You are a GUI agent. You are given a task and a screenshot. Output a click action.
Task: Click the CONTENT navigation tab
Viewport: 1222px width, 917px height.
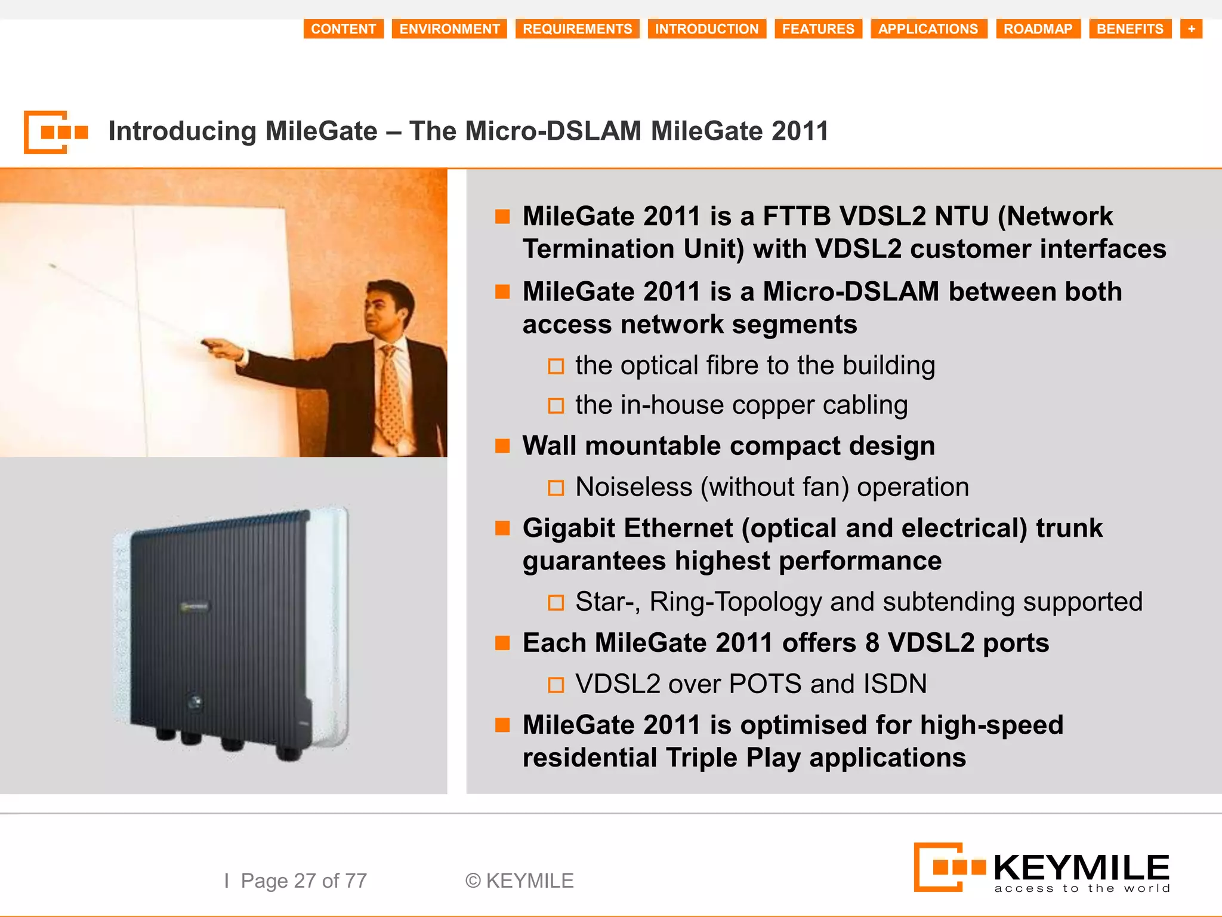point(343,29)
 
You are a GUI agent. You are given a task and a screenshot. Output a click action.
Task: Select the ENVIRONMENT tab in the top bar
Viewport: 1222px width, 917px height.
point(449,29)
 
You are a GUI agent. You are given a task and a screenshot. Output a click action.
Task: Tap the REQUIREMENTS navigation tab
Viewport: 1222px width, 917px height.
point(577,29)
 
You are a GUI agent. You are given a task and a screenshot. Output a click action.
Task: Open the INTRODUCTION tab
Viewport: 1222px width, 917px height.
point(706,29)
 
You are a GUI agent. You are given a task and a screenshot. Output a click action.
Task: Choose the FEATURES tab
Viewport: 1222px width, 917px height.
point(818,29)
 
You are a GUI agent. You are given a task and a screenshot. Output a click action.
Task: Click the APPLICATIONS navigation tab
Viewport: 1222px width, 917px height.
point(928,29)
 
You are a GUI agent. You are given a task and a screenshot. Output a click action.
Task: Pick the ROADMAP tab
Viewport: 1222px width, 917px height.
point(1038,29)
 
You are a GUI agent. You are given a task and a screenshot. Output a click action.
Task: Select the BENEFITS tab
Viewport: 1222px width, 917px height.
point(1130,29)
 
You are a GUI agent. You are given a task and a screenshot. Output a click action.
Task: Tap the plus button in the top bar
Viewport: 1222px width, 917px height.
point(1191,29)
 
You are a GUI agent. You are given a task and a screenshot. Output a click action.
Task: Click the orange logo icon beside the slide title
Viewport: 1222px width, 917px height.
point(55,132)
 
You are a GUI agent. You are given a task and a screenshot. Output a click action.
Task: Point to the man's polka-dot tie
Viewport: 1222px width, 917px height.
point(392,394)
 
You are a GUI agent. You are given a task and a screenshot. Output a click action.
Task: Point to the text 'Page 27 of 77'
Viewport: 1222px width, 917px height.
point(304,881)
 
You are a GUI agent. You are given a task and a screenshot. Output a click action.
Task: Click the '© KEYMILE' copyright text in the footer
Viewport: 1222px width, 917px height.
point(519,881)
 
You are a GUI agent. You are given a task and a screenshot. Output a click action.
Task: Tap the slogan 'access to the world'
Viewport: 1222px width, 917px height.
point(1082,889)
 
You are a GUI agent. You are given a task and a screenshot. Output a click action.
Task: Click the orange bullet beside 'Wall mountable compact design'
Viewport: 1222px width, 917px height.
point(502,446)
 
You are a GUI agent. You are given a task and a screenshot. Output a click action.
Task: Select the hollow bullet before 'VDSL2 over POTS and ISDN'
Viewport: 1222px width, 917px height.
point(556,685)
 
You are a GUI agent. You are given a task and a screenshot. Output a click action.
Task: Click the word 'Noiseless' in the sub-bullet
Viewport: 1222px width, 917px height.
point(634,487)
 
